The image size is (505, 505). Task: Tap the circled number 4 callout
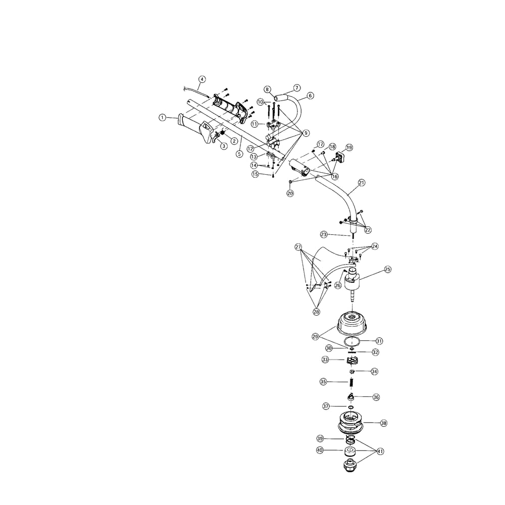(202, 79)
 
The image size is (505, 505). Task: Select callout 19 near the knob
(349, 147)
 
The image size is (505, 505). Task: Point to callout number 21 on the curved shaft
(362, 183)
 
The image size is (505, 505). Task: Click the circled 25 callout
(388, 269)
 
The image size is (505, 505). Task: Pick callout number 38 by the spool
(384, 423)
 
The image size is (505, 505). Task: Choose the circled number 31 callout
(379, 341)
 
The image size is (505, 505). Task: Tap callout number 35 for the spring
(323, 382)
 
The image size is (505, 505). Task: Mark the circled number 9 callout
(306, 133)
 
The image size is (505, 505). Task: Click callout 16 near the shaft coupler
(335, 176)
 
